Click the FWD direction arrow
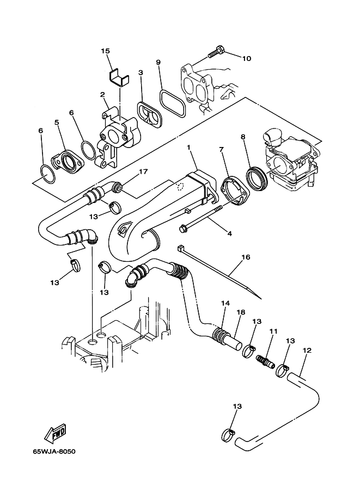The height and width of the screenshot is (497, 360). (x=55, y=433)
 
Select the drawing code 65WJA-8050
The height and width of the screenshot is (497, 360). (x=54, y=451)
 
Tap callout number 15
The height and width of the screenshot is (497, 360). (x=105, y=51)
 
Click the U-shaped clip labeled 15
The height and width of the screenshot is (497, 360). (x=120, y=78)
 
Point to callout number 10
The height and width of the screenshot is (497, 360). (x=247, y=58)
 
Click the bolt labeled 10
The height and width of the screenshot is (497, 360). (x=216, y=52)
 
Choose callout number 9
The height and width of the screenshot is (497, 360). (x=158, y=62)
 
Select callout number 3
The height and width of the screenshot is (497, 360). (x=140, y=72)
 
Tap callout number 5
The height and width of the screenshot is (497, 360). (x=57, y=122)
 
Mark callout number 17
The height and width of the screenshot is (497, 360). (x=143, y=172)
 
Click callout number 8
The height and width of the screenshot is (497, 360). (x=243, y=137)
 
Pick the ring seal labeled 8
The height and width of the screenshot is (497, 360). (x=257, y=180)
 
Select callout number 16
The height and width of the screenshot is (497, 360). (x=246, y=257)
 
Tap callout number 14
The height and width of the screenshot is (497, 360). (x=225, y=303)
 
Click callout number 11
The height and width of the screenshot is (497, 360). (x=273, y=331)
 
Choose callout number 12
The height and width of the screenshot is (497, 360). (x=307, y=350)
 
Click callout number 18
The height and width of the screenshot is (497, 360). (x=241, y=312)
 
